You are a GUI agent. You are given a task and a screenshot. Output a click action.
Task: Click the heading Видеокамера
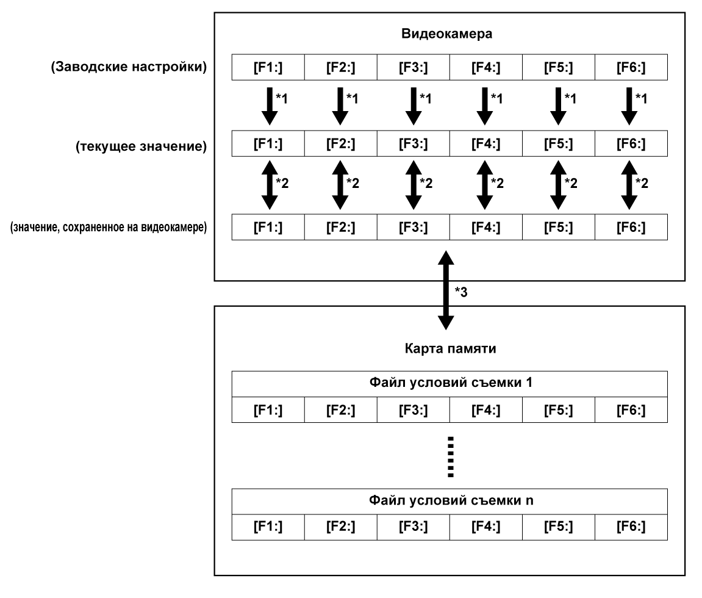pyautogui.click(x=447, y=34)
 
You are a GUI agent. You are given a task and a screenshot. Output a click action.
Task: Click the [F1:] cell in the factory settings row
pyautogui.click(x=268, y=67)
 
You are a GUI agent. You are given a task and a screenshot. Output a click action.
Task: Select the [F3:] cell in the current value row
pyautogui.click(x=414, y=148)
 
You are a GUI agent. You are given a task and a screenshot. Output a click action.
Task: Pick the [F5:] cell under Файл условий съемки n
pyautogui.click(x=558, y=527)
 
